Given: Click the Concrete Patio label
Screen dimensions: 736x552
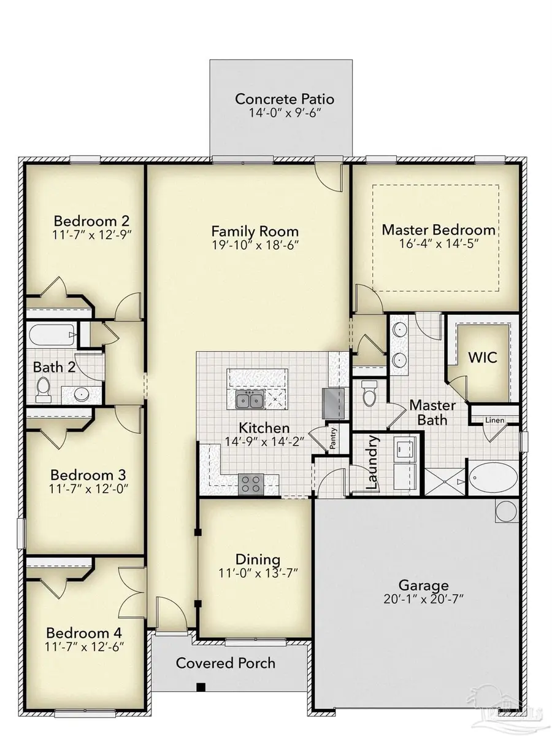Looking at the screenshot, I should point(285,99).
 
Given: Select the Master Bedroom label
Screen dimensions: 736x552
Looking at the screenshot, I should point(438,230).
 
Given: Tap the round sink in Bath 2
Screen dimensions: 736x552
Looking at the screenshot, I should point(81,394).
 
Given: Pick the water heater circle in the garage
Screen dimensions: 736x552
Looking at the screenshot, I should point(507,509).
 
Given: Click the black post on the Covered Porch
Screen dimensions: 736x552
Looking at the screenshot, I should point(200,687).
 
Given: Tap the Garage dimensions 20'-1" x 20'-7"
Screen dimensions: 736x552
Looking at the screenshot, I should point(424,599).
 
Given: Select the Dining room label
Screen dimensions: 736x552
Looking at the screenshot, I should point(258,559).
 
